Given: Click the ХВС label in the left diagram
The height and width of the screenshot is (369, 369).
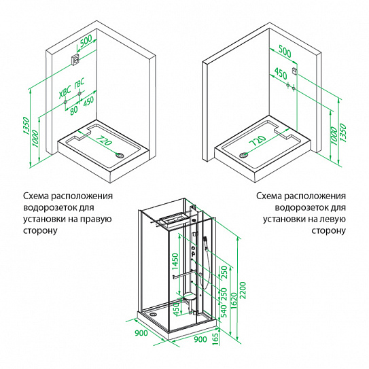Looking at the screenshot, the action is click(65, 92).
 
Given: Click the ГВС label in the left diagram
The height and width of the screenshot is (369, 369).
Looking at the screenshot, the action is click(79, 84).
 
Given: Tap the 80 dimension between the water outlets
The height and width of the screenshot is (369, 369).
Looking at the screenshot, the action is click(73, 110).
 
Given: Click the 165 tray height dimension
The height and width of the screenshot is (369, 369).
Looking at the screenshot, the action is click(215, 339).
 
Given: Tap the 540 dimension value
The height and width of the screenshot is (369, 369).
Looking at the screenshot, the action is click(224, 311).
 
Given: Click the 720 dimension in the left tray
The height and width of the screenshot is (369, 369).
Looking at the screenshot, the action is click(103, 141).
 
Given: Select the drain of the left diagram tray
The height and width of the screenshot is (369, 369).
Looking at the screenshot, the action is click(120, 155).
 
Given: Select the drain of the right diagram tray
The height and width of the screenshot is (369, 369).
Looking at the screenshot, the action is click(243, 155).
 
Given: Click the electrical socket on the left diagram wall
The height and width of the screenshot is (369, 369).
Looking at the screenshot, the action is click(76, 60).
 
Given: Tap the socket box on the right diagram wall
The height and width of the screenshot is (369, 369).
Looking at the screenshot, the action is click(294, 71).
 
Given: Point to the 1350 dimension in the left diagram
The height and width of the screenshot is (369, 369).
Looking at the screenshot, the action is click(26, 126).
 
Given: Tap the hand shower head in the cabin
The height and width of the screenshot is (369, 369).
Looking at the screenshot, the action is click(205, 239).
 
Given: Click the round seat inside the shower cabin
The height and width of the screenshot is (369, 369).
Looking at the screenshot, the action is click(190, 296).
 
